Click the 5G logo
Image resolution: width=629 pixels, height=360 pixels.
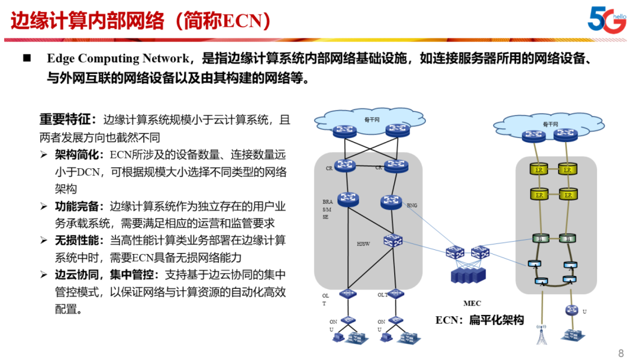[x=606, y=19]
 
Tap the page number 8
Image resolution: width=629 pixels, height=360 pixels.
[x=620, y=353]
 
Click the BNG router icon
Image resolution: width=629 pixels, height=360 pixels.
[x=391, y=202]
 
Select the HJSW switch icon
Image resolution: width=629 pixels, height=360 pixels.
[x=393, y=240]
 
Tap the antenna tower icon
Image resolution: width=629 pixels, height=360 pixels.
[x=542, y=334]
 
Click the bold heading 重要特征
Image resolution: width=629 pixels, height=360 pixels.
[x=63, y=120]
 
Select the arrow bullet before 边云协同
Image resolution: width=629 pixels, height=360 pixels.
[x=44, y=275]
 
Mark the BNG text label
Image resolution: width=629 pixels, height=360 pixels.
[x=412, y=206]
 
